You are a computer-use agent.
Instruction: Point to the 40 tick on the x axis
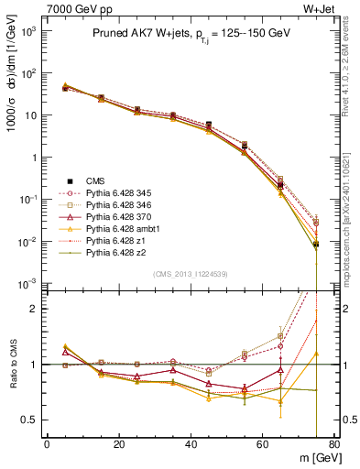[x=191, y=445]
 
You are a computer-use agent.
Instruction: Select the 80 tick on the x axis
[x=334, y=445]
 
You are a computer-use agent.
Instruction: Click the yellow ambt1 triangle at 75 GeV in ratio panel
[x=316, y=354]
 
